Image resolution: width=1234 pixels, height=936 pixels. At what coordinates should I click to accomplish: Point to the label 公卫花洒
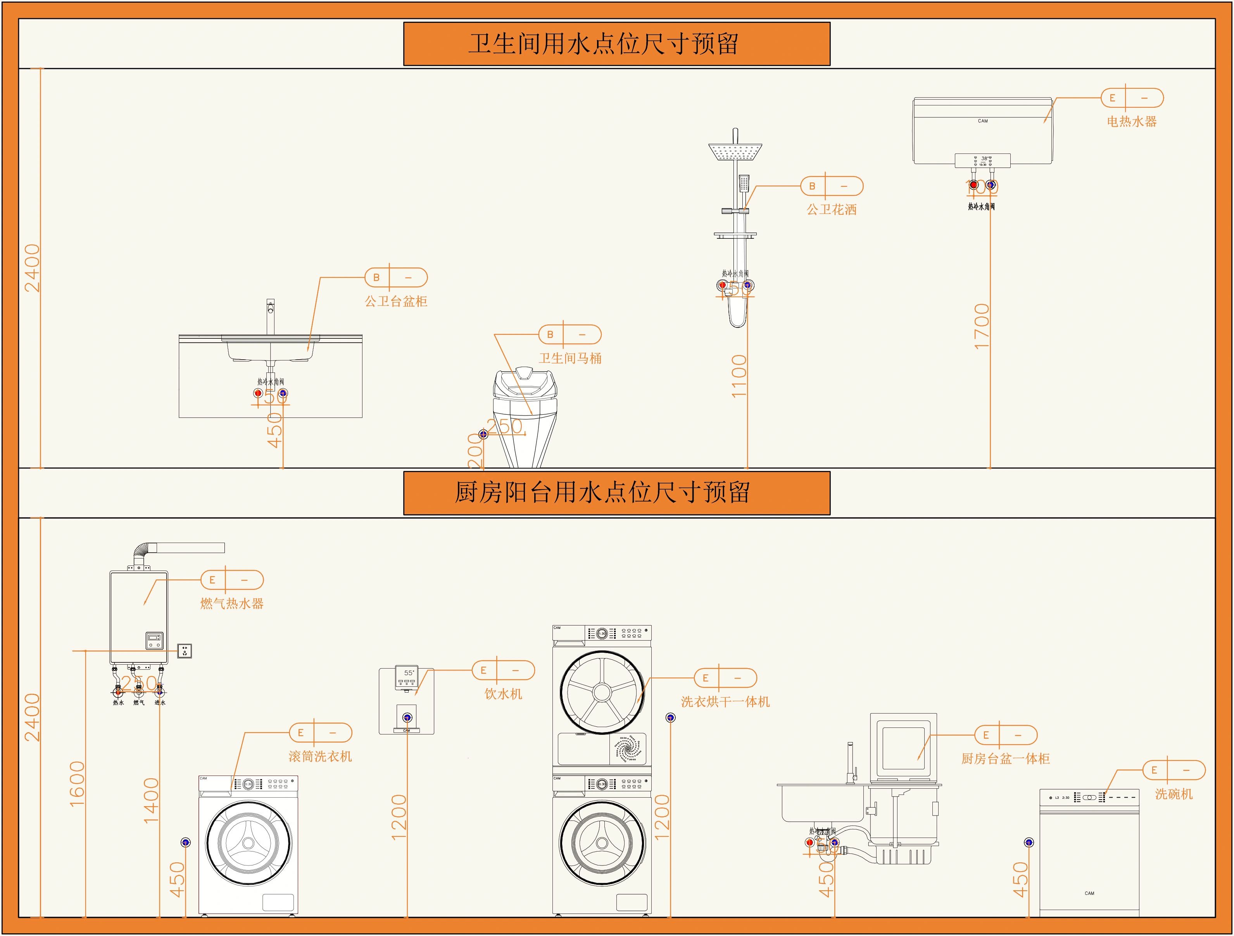coord(831,210)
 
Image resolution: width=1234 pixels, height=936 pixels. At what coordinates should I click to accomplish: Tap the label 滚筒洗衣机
coord(320,757)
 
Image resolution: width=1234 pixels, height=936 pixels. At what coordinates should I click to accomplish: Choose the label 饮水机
coord(503,694)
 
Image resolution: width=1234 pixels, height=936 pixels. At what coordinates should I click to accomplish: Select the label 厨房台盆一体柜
coord(1005,758)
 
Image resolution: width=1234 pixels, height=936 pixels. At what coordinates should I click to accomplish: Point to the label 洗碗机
coord(1174,794)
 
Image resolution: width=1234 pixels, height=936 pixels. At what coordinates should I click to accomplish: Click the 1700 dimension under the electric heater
coord(981,326)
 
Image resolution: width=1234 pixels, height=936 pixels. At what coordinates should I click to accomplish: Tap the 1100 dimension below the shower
coord(739,376)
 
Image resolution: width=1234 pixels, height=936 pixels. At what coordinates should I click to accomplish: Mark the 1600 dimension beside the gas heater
coord(77,783)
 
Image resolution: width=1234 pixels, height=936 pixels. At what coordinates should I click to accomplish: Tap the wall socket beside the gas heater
coord(185,650)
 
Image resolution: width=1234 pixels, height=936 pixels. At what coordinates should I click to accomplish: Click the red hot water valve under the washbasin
coord(258,393)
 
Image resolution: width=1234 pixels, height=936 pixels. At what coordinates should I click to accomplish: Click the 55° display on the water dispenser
coord(409,673)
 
